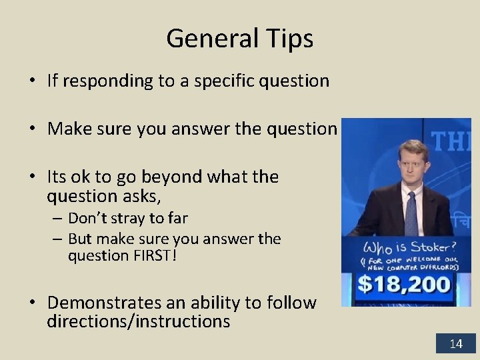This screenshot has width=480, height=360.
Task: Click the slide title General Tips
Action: [x=239, y=39]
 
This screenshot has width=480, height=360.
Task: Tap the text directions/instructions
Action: [x=138, y=322]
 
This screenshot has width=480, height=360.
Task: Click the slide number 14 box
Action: [x=456, y=344]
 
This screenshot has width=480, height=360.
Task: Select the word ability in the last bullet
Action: [x=214, y=303]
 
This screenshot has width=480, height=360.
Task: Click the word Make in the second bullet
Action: [x=67, y=129]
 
